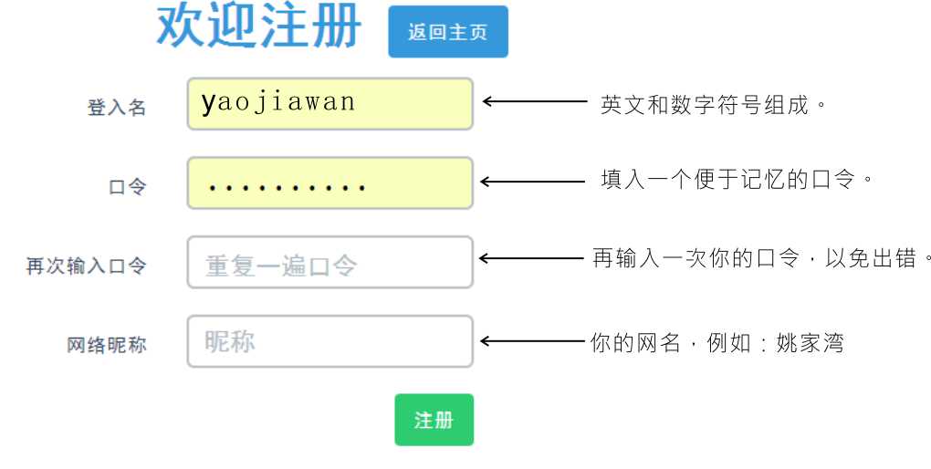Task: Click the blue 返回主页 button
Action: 448,31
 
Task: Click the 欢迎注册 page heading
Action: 259,26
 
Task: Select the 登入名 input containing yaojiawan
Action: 330,103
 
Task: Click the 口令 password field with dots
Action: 330,182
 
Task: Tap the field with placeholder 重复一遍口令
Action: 330,263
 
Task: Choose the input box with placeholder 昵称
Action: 330,341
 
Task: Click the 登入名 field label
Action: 117,108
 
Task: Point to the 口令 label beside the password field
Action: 127,187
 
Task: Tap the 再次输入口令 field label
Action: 86,266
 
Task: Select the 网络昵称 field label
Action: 106,345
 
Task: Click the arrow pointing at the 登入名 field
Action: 535,101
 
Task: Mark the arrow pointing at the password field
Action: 533,182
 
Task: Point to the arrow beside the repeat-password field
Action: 531,258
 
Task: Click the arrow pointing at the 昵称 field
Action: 533,341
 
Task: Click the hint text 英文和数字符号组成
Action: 705,105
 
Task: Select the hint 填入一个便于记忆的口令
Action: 728,179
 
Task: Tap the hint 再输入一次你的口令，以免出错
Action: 755,258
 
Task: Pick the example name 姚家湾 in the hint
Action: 810,343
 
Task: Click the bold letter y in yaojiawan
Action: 208,104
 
